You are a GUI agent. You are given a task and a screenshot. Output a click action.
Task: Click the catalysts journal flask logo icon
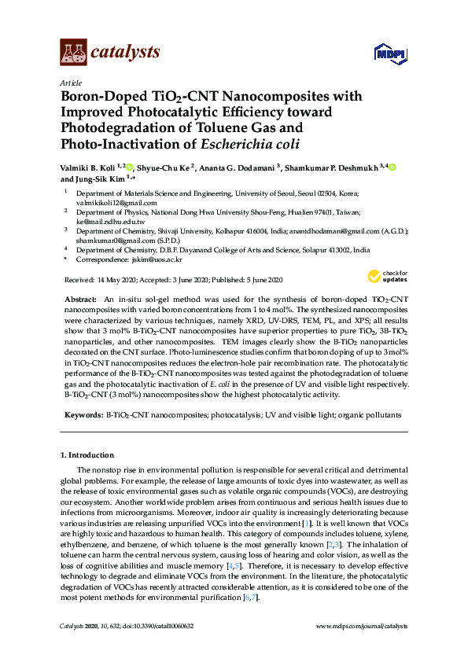tap(73, 53)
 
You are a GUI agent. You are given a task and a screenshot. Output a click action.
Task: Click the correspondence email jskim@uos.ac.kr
tap(156, 259)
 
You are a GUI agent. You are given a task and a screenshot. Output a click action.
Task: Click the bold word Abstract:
tap(79, 300)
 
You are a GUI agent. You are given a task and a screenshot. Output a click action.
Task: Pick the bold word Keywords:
tap(83, 414)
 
